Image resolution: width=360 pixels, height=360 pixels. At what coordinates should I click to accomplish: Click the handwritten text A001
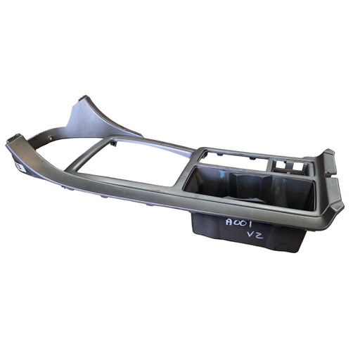238,223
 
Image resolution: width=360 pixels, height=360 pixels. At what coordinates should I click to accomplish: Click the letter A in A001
229,222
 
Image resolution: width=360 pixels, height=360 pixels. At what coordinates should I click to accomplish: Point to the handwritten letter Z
259,236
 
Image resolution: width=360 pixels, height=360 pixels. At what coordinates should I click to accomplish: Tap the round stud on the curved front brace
51,139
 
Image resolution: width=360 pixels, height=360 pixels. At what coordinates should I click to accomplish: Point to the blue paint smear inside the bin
220,173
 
